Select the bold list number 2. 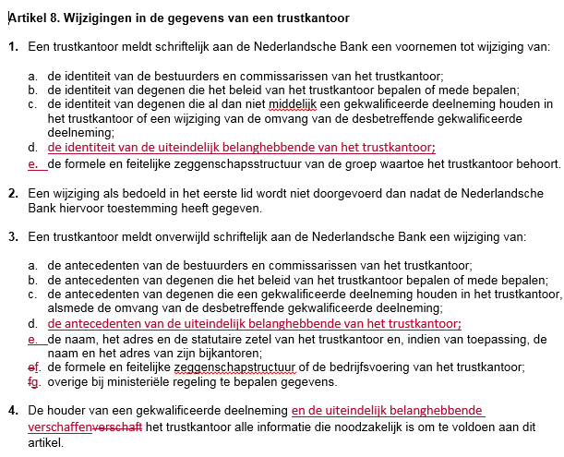point(13,194)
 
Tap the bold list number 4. point(13,410)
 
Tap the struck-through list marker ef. point(34,367)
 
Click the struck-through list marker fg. point(34,382)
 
